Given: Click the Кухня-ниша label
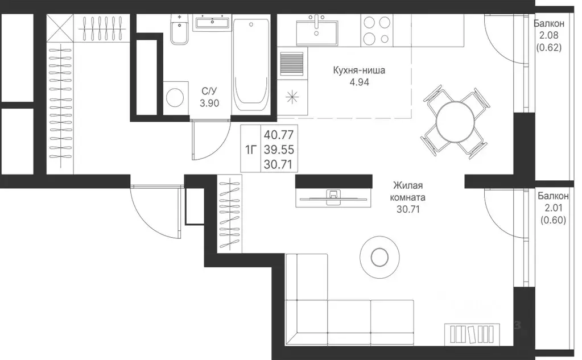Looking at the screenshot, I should point(359,71).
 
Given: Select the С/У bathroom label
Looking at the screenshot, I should point(208,91).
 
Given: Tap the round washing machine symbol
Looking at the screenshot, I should point(175,98).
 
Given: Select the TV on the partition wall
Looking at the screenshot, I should point(331,197).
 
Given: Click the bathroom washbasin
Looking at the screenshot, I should point(212,23).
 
